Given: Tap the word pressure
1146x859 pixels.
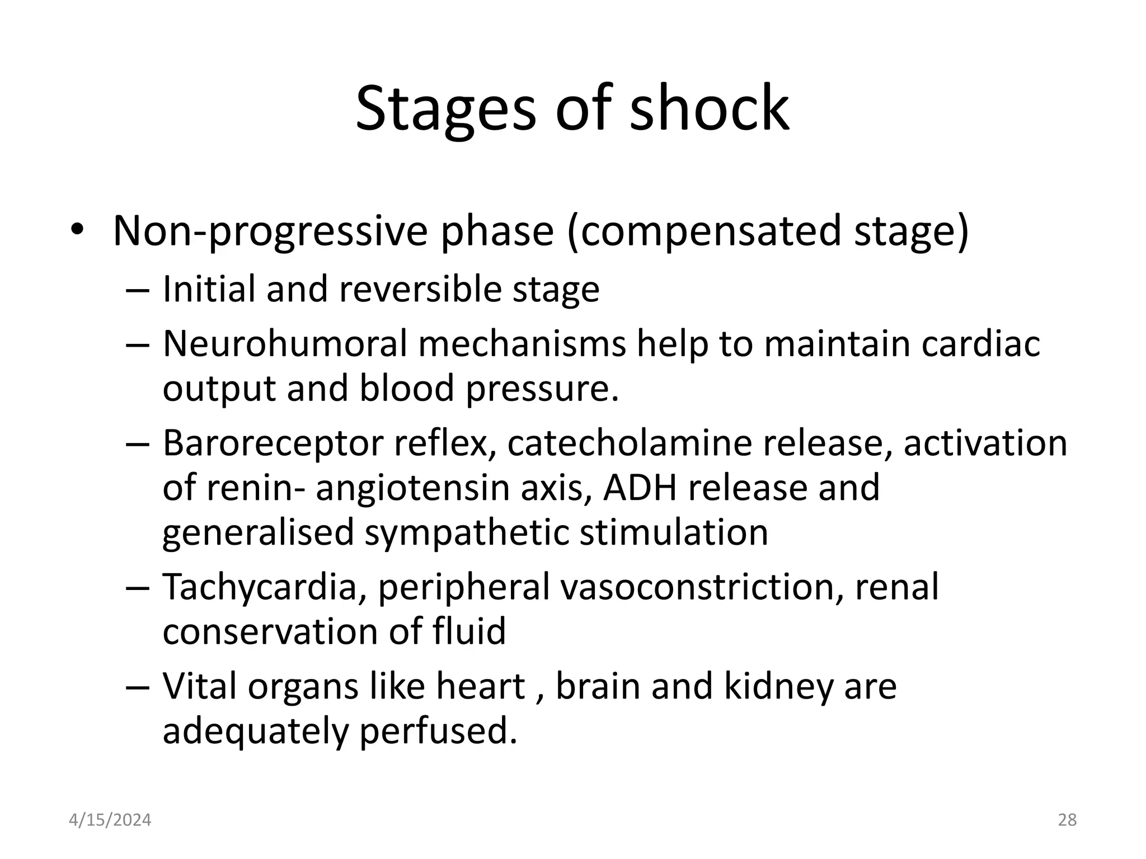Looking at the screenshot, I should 542,389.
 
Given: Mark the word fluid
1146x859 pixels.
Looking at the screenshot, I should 469,631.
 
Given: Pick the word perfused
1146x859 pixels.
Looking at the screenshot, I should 438,731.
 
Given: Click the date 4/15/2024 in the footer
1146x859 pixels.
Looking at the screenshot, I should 110,820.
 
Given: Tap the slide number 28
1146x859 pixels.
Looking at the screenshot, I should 1067,820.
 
